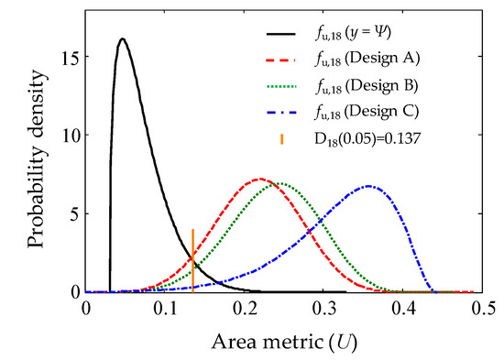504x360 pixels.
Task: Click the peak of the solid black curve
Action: click(x=122, y=39)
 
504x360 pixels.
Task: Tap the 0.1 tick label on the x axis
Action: click(x=165, y=309)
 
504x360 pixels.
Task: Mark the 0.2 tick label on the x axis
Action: click(x=245, y=309)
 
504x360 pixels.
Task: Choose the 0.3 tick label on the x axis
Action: click(x=324, y=309)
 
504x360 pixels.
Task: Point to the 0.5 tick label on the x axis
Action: click(x=482, y=309)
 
